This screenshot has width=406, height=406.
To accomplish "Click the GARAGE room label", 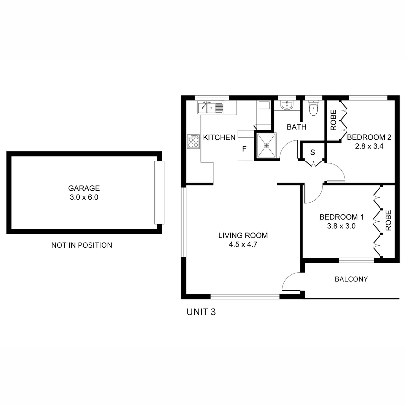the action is (84, 188).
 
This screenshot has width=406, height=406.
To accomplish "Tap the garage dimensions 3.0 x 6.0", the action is (84, 197).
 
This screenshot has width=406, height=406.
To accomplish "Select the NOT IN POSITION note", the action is (82, 245).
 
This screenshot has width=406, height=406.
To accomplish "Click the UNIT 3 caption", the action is (201, 312).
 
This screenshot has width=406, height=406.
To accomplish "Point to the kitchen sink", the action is (210, 108).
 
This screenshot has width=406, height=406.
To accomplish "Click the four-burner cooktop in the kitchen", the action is (194, 141).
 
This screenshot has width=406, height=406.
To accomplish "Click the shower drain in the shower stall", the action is (267, 145).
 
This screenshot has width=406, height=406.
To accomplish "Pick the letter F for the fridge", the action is (244, 149).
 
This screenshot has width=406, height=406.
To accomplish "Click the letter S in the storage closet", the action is (313, 153).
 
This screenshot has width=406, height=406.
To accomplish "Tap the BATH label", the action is (296, 127).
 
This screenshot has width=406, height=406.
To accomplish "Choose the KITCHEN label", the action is (219, 137).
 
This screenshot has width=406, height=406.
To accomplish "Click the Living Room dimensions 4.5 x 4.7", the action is (243, 244).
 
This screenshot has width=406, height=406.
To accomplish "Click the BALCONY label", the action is (351, 279).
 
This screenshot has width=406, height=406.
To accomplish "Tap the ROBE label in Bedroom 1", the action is (388, 220).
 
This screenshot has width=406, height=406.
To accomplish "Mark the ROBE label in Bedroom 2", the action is (333, 120).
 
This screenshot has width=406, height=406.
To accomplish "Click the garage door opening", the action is (159, 193).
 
